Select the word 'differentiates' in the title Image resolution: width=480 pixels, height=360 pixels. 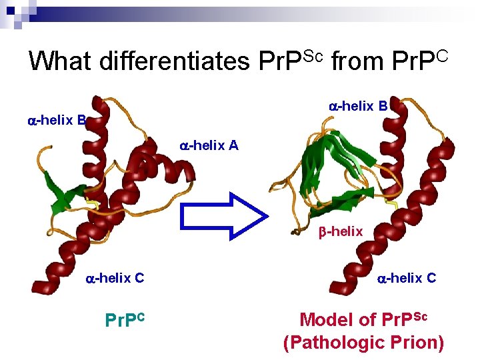(175, 61)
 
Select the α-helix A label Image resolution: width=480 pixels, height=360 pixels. (209, 145)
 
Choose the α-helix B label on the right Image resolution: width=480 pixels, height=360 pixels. (358, 105)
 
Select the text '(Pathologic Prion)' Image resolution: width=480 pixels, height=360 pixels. (363, 343)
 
